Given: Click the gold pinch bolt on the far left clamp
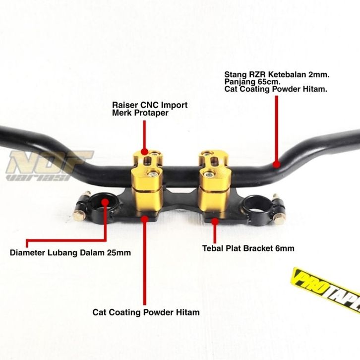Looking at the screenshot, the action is click(x=80, y=215).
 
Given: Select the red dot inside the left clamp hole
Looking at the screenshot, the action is click(x=106, y=201).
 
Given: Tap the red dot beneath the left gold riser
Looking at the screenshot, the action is click(x=145, y=217).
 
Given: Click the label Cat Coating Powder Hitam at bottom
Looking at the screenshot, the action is click(x=146, y=312).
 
